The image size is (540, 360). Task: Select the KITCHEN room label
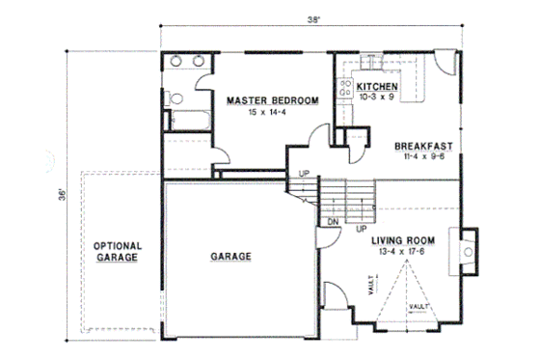tap(376, 86)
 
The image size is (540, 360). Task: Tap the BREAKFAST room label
tap(424, 148)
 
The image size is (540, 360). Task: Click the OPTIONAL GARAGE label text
tap(118, 253)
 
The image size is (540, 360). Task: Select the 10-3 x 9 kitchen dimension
tap(376, 97)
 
